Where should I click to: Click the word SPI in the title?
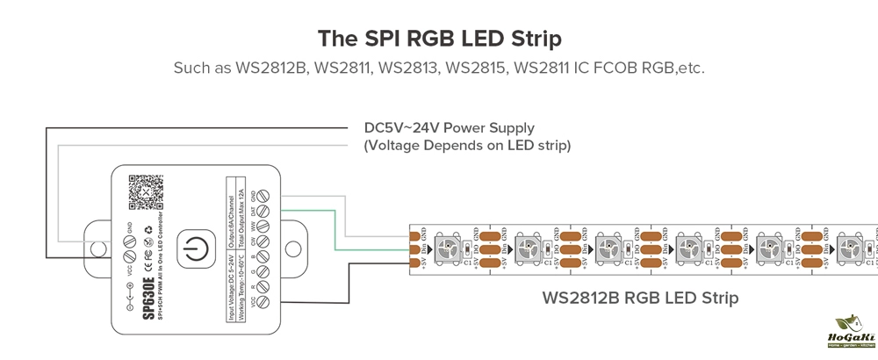pos(378,40)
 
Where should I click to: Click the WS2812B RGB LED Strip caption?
pos(640,298)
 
